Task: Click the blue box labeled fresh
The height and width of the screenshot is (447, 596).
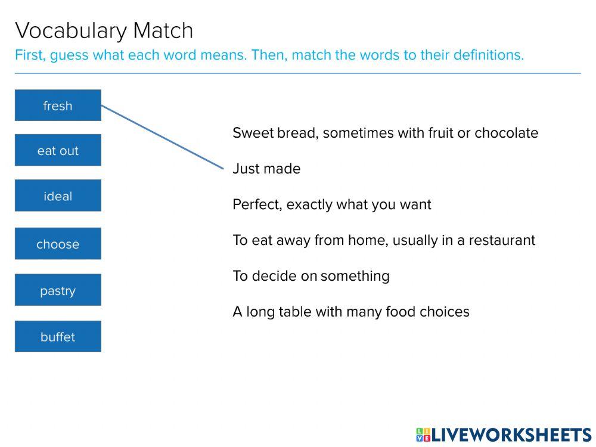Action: [58, 105]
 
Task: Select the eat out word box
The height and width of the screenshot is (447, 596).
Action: [58, 150]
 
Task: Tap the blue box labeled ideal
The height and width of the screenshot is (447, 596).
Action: [58, 195]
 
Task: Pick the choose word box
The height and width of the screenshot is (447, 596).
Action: [58, 244]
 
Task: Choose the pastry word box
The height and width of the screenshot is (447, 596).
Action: [58, 290]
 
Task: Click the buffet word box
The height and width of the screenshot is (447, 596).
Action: [58, 336]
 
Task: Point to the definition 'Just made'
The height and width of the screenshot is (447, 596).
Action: [266, 169]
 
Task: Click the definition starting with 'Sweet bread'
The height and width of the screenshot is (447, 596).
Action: [385, 133]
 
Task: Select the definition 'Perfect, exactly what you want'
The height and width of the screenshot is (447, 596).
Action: [332, 204]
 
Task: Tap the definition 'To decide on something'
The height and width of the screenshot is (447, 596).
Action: [311, 276]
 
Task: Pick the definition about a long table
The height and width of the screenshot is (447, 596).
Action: [351, 312]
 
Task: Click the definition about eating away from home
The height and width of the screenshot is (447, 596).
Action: [384, 240]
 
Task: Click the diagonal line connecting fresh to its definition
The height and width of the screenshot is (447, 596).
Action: [162, 137]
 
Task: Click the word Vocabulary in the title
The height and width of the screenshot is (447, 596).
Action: [71, 31]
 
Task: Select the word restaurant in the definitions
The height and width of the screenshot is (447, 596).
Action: [502, 240]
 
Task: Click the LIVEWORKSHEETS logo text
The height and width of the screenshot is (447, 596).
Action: [511, 435]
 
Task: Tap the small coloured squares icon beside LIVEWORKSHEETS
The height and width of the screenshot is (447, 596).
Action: [423, 435]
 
